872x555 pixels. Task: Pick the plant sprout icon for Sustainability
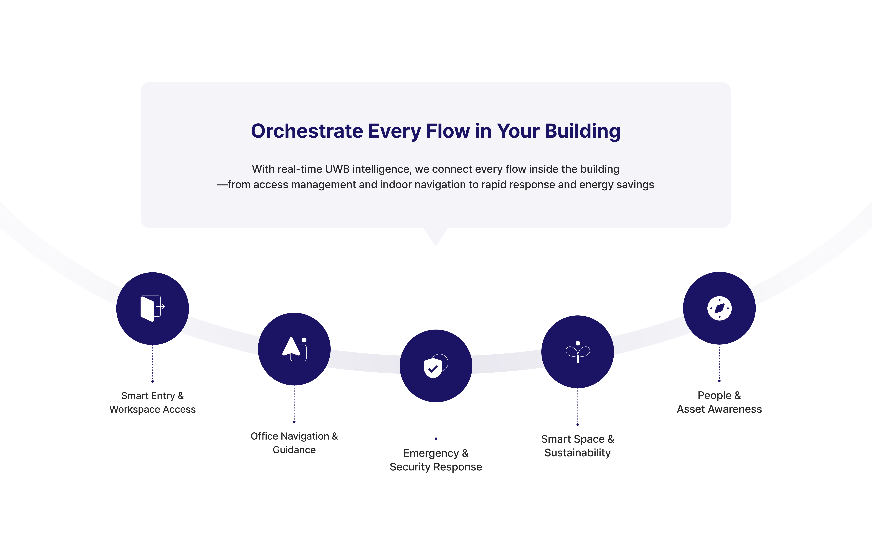point(578,352)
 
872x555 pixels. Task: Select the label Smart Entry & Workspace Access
point(152,402)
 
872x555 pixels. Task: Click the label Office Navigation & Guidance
point(294,443)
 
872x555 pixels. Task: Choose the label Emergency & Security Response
point(436,460)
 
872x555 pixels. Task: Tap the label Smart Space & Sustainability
point(578,445)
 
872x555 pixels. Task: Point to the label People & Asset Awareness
point(719,402)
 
